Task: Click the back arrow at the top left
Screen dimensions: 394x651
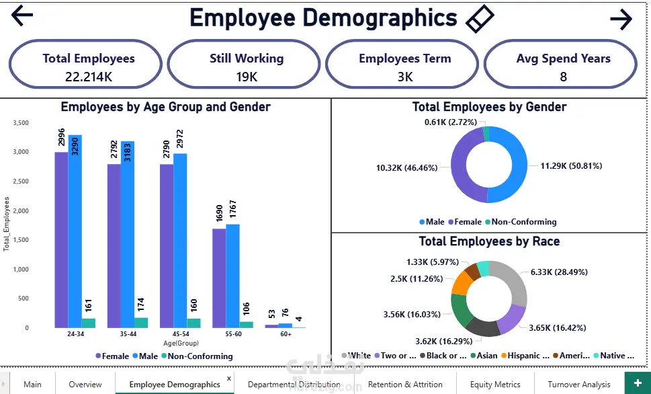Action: pyautogui.click(x=22, y=15)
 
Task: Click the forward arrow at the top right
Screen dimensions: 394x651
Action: pyautogui.click(x=621, y=19)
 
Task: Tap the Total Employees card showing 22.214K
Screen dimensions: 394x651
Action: pyautogui.click(x=85, y=67)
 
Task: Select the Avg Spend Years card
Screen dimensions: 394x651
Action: pyautogui.click(x=563, y=67)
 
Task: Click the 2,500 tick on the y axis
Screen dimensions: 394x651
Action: pyautogui.click(x=21, y=182)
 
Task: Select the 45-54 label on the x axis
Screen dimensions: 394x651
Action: pyautogui.click(x=180, y=333)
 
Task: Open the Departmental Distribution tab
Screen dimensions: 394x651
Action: pyautogui.click(x=294, y=385)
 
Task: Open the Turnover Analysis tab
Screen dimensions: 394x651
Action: pyautogui.click(x=578, y=385)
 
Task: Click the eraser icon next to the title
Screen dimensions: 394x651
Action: pyautogui.click(x=480, y=19)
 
